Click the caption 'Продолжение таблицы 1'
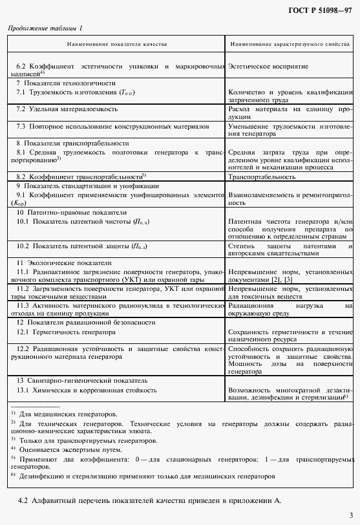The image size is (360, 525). click(x=45, y=29)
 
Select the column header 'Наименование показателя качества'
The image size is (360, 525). click(x=116, y=44)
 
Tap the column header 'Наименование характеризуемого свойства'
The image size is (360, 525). click(x=290, y=44)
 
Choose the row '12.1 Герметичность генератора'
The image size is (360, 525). click(x=66, y=332)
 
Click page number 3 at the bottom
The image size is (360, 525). click(x=349, y=515)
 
